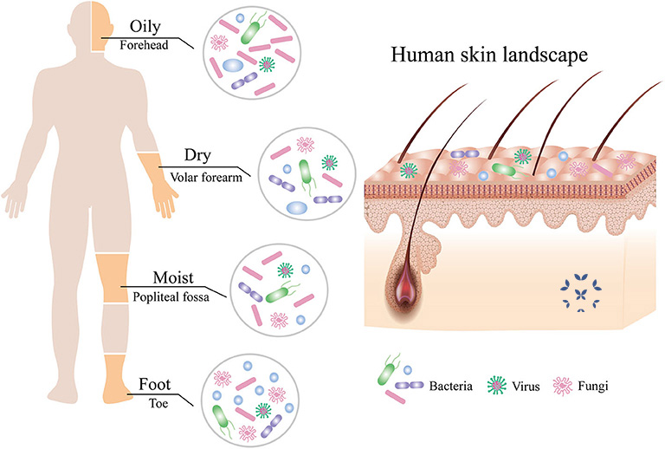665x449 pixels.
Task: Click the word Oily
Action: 145,27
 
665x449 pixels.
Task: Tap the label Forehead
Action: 144,45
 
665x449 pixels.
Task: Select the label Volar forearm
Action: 206,178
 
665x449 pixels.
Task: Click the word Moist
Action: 173,277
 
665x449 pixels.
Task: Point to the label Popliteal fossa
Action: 171,296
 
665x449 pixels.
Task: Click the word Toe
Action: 158,403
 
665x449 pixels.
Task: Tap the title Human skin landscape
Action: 489,55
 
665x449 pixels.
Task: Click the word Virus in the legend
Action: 526,387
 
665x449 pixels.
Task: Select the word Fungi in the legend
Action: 593,387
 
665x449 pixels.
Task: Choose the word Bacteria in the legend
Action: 451,387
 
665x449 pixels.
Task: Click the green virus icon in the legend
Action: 497,386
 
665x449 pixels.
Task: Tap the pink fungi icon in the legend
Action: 562,386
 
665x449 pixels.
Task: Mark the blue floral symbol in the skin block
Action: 581,293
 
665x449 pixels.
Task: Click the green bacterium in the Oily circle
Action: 251,30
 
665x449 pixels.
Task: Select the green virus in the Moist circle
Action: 286,270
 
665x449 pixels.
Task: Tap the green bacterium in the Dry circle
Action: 305,173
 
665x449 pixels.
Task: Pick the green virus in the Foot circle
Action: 263,410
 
